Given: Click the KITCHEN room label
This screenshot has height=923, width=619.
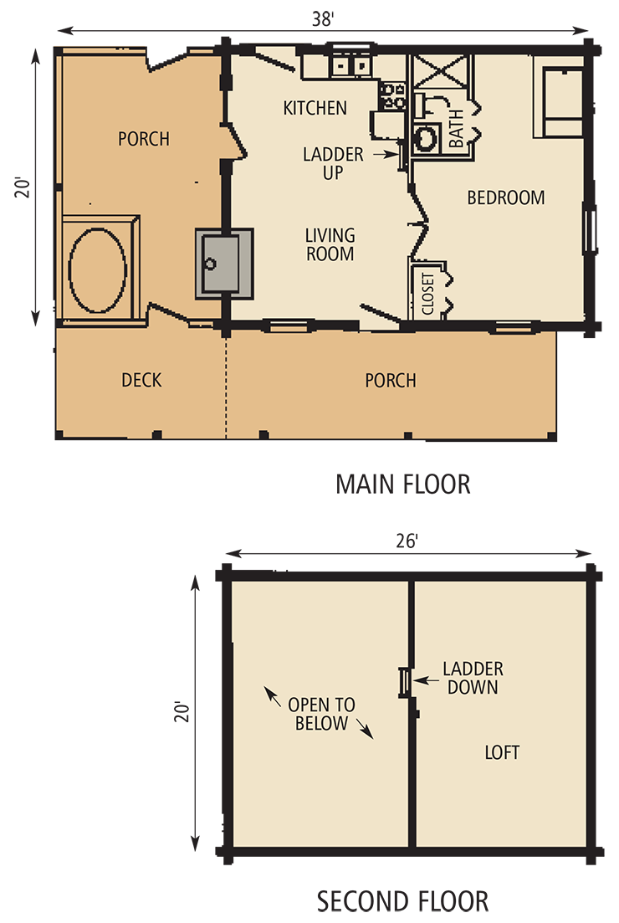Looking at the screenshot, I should pyautogui.click(x=315, y=108).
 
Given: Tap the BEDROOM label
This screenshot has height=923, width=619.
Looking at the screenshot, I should pyautogui.click(x=505, y=198).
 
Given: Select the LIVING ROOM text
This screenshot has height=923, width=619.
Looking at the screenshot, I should pyautogui.click(x=330, y=244).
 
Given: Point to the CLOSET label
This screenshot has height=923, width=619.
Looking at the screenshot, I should pyautogui.click(x=428, y=294).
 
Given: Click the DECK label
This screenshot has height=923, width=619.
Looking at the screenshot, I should pyautogui.click(x=141, y=381).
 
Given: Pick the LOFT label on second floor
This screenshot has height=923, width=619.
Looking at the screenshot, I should pyautogui.click(x=502, y=752).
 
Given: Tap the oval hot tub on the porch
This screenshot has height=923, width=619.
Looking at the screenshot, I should pyautogui.click(x=97, y=269).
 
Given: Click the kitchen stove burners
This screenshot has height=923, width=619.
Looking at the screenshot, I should pyautogui.click(x=391, y=96).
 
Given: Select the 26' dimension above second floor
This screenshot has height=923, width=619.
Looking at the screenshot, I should pyautogui.click(x=407, y=542).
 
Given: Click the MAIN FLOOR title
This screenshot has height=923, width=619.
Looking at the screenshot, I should pyautogui.click(x=402, y=484).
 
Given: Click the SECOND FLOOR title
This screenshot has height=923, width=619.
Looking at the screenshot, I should pyautogui.click(x=402, y=901).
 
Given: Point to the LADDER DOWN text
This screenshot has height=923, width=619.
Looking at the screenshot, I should pyautogui.click(x=473, y=678).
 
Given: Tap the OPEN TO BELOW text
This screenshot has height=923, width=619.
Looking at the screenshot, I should pyautogui.click(x=321, y=714).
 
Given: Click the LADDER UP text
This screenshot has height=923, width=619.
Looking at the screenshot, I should pyautogui.click(x=333, y=163).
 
